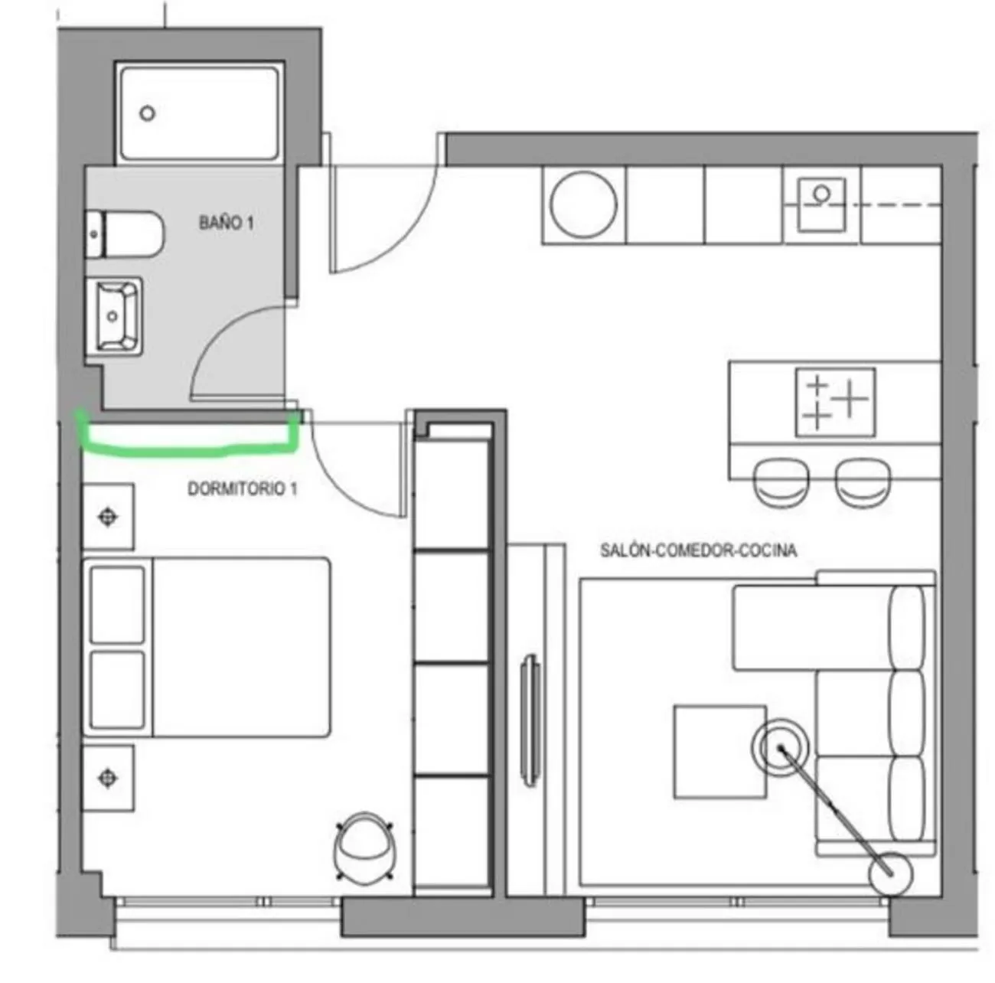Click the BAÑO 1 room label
(226, 223)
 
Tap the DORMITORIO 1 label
(242, 488)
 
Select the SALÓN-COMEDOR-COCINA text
(698, 550)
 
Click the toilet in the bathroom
(125, 234)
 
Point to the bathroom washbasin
(113, 316)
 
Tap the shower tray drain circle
(148, 113)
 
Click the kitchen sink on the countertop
(821, 204)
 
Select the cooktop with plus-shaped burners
(836, 402)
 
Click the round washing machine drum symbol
(583, 204)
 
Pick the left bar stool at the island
(781, 483)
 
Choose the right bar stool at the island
(863, 483)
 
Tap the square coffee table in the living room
(719, 752)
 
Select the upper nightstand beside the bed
(109, 517)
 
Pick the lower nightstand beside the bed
(109, 778)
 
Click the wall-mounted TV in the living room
(531, 720)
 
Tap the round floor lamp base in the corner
(890, 874)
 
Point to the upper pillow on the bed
(117, 605)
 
